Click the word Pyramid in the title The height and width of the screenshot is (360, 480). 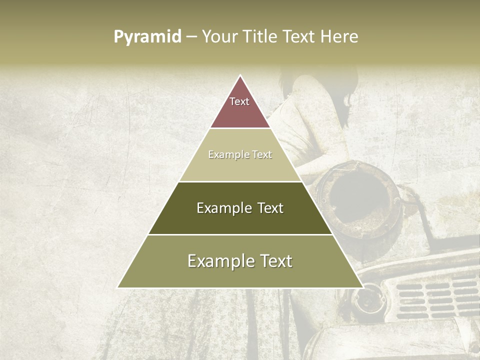[147, 37]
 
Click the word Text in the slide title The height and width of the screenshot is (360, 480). [300, 37]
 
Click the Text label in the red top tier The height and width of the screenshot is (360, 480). [239, 101]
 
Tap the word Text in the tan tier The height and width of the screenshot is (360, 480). [262, 155]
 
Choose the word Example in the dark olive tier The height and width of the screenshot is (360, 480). [222, 208]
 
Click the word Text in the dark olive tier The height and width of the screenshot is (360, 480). [270, 208]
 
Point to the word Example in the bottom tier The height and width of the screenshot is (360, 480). [217, 261]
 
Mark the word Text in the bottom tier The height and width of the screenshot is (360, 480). [275, 261]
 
